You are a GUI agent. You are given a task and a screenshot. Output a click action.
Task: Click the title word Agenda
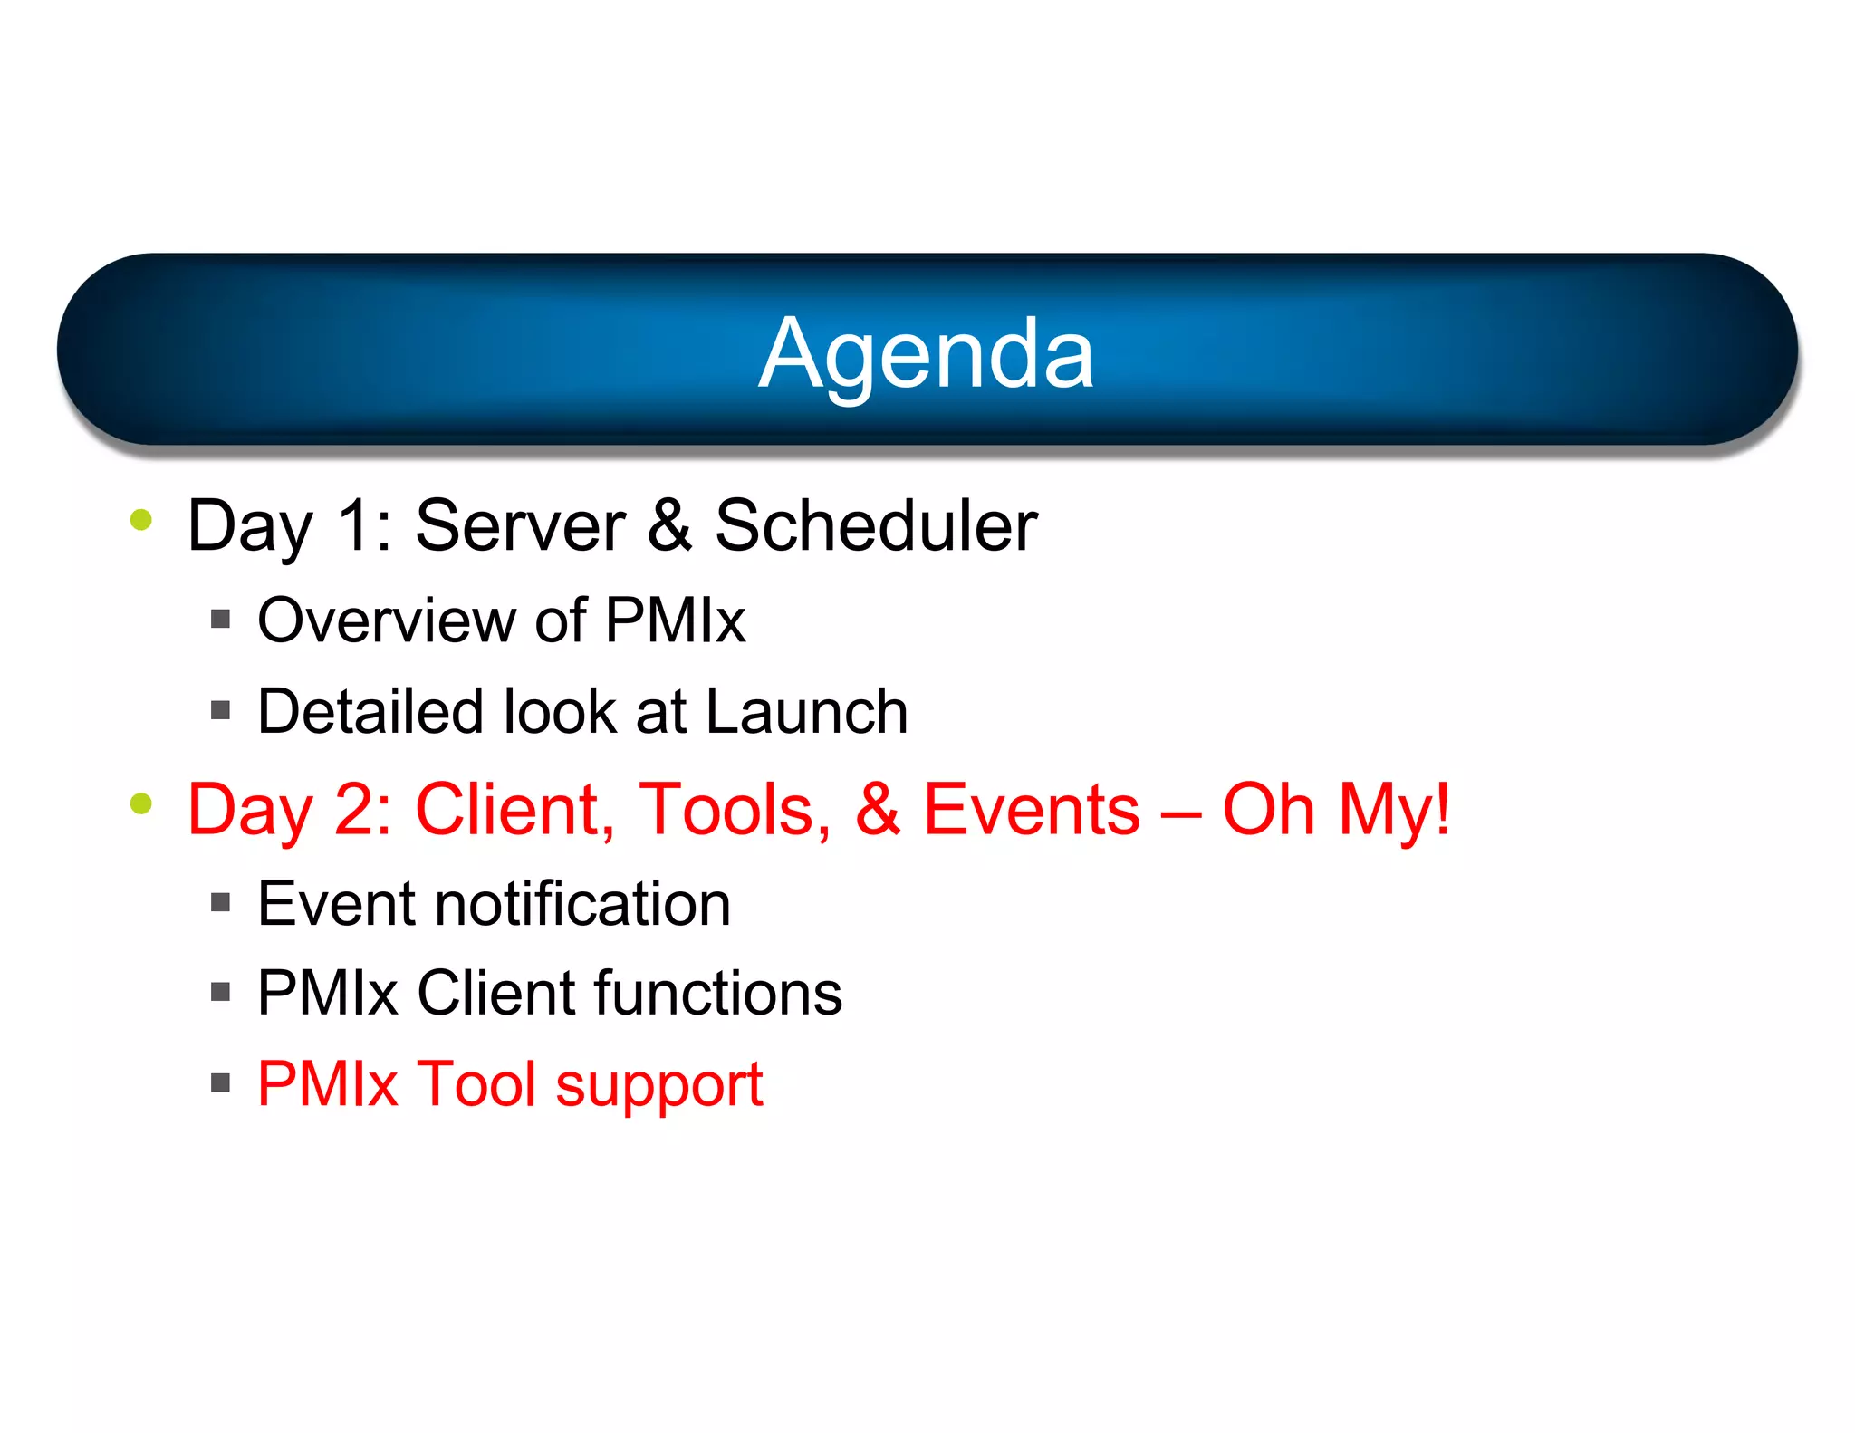click(926, 355)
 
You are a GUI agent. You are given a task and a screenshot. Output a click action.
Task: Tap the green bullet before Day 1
click(141, 519)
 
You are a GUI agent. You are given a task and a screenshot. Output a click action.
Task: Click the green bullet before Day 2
click(141, 803)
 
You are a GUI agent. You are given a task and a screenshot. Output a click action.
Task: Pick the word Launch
click(806, 712)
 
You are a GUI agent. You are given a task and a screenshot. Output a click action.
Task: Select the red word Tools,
click(734, 810)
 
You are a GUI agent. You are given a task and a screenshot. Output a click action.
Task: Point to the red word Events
click(1031, 810)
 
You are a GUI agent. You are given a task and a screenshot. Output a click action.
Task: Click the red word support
click(658, 1086)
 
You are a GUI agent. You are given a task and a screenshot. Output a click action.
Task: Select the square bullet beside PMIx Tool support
click(220, 1082)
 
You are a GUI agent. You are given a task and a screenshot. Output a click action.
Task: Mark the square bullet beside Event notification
click(220, 902)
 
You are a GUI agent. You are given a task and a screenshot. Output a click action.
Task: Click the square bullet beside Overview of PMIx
click(220, 620)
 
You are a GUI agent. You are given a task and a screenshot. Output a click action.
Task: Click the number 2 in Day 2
click(354, 810)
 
